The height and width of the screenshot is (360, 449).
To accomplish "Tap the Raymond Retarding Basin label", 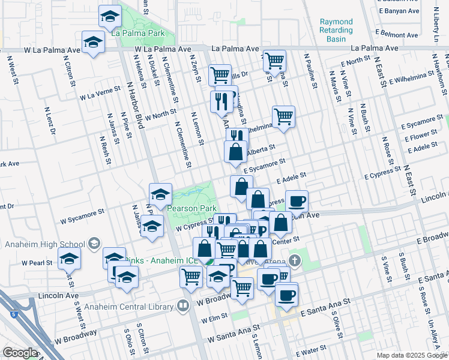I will pyautogui.click(x=336, y=30).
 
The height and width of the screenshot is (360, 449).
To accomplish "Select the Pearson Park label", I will pyautogui.click(x=191, y=208).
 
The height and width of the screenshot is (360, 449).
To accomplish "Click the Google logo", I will pyautogui.click(x=20, y=353).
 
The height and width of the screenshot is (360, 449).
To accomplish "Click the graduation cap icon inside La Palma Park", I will pyautogui.click(x=109, y=17).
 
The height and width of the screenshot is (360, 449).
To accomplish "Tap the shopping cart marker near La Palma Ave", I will pyautogui.click(x=274, y=60).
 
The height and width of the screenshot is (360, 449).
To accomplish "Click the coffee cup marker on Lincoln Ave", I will pyautogui.click(x=297, y=201).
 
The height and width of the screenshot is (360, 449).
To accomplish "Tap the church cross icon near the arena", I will pyautogui.click(x=294, y=261).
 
